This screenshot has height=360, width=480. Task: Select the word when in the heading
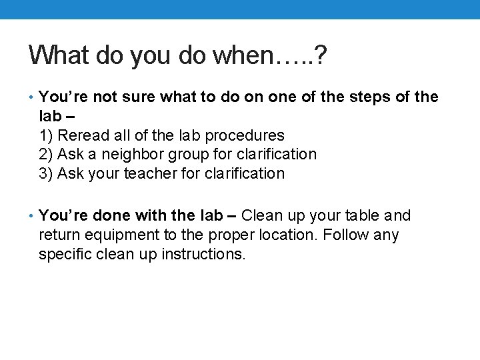point(240,55)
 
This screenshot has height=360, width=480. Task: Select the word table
point(363,216)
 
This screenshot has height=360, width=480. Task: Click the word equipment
point(116,235)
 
